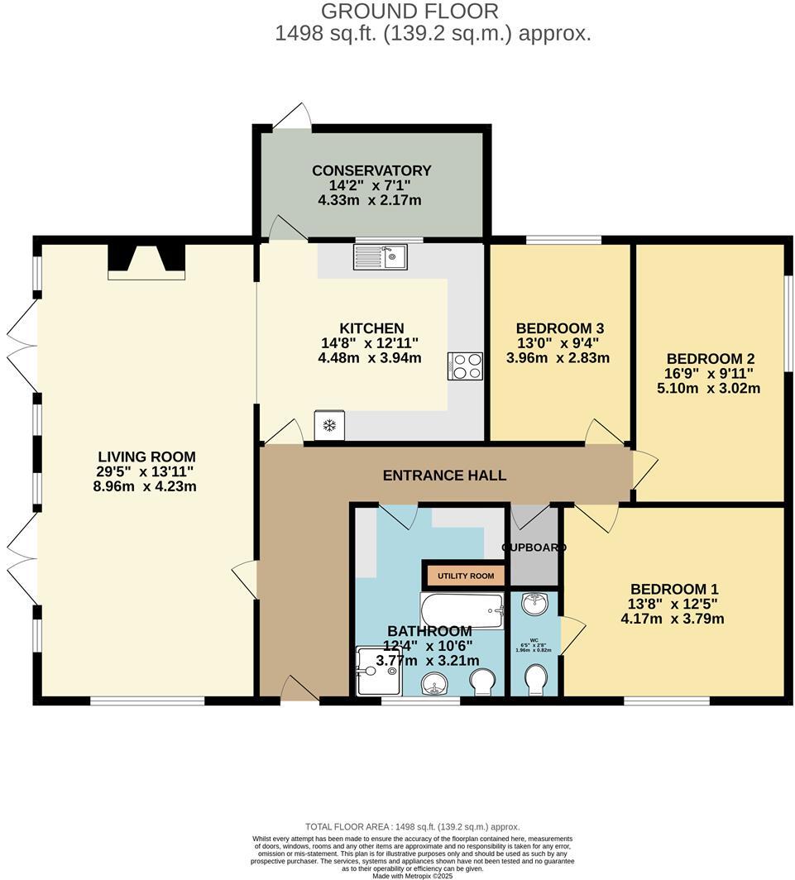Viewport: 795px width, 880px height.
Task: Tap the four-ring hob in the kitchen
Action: pos(465,366)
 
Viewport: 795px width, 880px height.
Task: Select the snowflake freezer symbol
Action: pos(328,425)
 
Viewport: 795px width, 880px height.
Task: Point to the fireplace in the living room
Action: pos(146,260)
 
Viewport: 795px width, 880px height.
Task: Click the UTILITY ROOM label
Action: pos(466,576)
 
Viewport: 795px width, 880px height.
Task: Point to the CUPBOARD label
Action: pos(534,548)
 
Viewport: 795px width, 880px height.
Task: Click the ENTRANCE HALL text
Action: pos(444,476)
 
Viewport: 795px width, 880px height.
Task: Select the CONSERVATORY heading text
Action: pos(371,171)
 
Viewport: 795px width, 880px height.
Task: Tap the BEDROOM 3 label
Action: pos(553,328)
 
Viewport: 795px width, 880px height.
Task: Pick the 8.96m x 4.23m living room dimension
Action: pos(146,486)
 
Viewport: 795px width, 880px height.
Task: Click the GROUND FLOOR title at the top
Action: pos(409,12)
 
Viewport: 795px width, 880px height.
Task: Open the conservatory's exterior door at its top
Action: pos(292,117)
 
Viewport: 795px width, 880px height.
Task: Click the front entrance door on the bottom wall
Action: pos(299,689)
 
